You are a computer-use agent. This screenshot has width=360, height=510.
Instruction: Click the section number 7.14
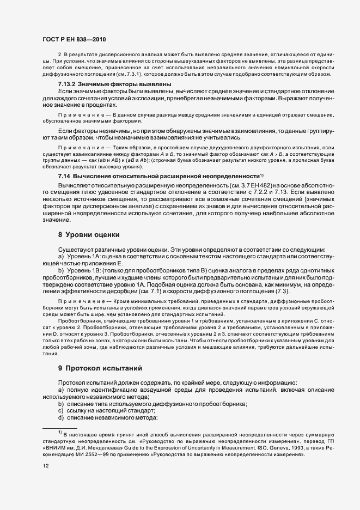click(x=65, y=176)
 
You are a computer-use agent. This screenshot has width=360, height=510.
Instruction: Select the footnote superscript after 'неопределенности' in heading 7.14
click(x=262, y=174)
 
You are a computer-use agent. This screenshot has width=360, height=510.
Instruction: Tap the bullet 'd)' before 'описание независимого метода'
click(x=61, y=417)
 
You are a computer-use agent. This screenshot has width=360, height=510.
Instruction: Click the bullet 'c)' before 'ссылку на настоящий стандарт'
click(x=61, y=410)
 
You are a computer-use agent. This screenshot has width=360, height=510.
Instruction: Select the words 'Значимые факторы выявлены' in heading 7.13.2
click(x=125, y=84)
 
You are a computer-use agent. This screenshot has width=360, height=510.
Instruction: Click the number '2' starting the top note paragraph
click(x=59, y=56)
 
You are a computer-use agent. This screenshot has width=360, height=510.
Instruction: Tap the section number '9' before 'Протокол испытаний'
click(x=60, y=368)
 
